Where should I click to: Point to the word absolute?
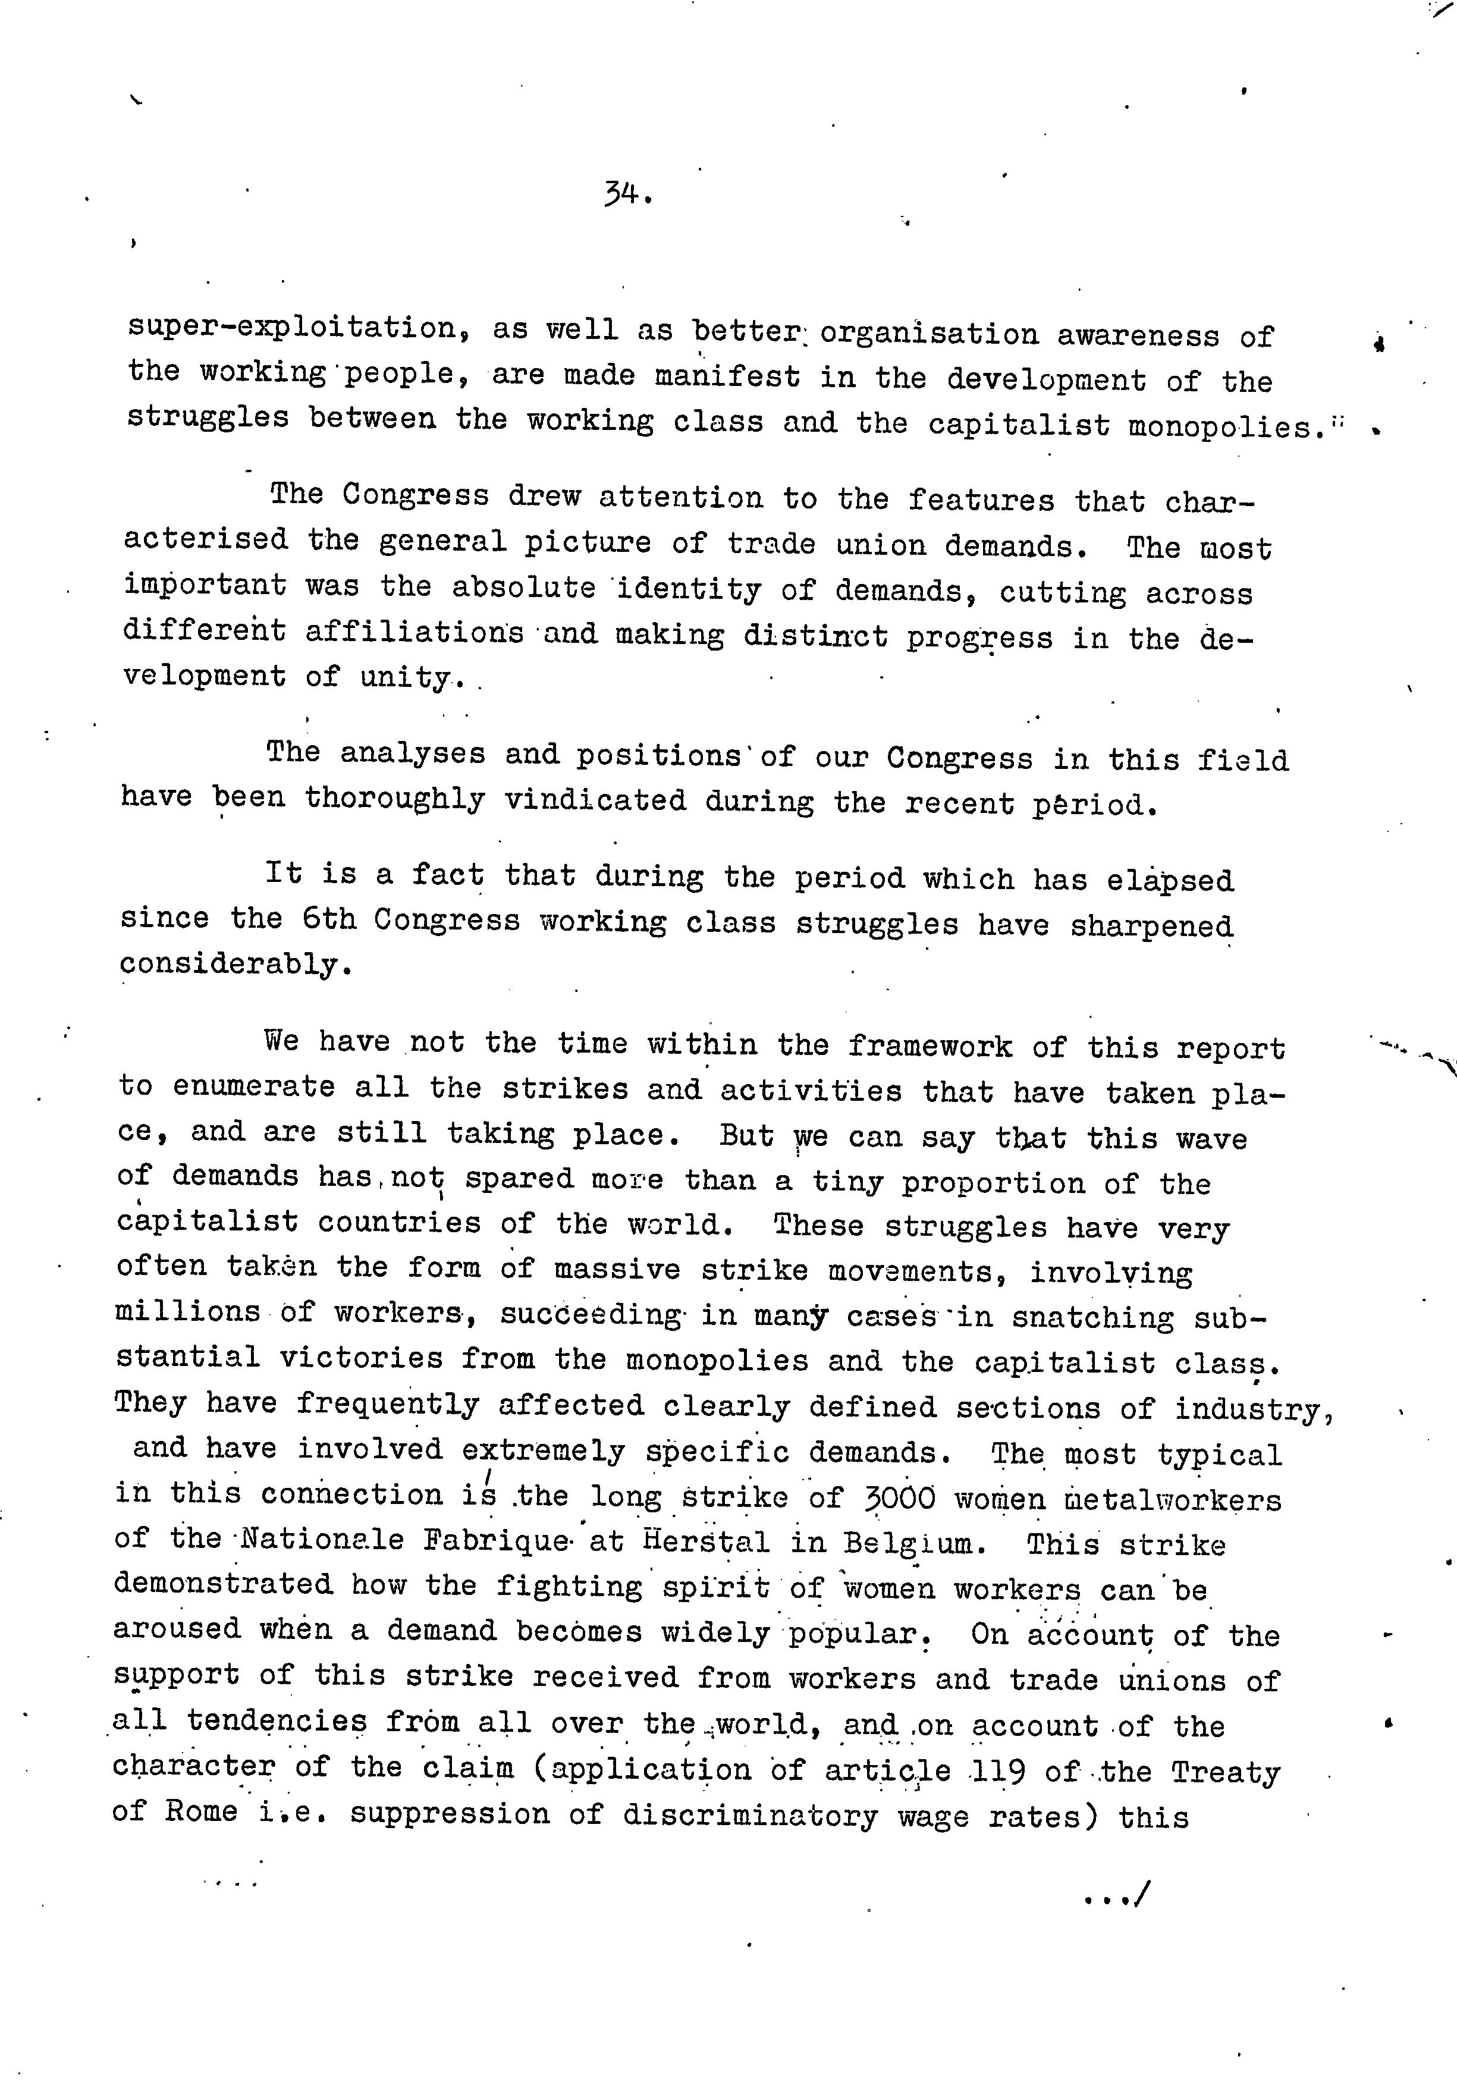click(x=524, y=588)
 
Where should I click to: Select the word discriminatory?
click(x=751, y=1815)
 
